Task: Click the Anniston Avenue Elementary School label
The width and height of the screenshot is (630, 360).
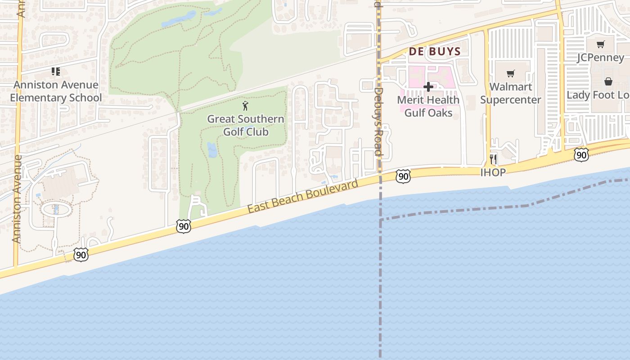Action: [56, 91]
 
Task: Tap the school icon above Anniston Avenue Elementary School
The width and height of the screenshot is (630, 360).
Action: [55, 71]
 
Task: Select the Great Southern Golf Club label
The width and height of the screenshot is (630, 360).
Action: [246, 126]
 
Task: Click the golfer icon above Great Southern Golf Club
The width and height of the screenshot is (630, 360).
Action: [245, 106]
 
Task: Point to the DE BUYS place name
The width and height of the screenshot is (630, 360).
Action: [435, 51]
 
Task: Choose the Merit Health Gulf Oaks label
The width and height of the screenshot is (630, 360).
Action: [428, 106]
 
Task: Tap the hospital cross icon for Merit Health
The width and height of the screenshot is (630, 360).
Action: [428, 86]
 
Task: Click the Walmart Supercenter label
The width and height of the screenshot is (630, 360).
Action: [510, 93]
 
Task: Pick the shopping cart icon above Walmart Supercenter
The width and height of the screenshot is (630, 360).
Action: [510, 73]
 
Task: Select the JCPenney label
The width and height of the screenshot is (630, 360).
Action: [601, 58]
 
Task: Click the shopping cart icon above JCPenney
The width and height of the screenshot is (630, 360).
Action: [600, 44]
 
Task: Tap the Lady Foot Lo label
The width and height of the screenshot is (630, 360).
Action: [598, 95]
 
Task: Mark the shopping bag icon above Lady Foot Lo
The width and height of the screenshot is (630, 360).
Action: [608, 81]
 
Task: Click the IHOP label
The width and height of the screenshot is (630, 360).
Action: [493, 172]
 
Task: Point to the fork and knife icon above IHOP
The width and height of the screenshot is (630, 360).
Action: [493, 158]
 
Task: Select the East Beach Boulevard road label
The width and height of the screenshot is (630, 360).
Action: [303, 196]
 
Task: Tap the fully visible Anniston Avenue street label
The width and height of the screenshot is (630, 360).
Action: [17, 199]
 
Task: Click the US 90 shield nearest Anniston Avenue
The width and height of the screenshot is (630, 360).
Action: [81, 255]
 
